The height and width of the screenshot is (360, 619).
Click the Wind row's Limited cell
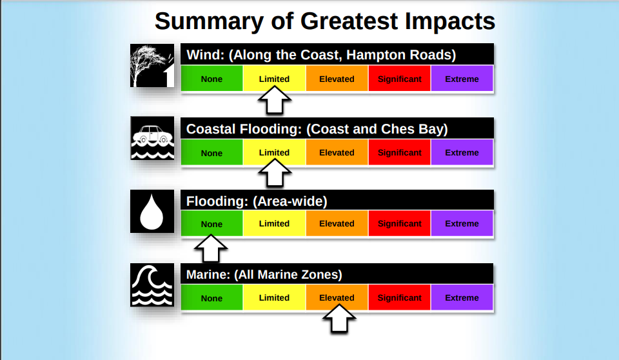coord(275,78)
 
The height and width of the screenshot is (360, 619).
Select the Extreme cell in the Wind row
coord(462,78)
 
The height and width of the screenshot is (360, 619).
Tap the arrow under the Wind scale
coord(275,101)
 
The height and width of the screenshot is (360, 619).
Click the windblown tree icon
coord(152,66)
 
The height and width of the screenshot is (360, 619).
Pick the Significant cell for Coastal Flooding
coord(400,152)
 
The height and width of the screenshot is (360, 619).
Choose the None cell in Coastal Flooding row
coord(212,152)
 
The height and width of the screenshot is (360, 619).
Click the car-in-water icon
coord(152,138)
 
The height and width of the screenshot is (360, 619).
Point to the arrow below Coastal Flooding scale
coord(275,173)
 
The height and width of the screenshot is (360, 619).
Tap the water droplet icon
coord(152,212)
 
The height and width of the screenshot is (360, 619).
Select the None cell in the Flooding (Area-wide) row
coord(212,223)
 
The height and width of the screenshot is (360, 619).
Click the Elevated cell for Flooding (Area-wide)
coord(337,223)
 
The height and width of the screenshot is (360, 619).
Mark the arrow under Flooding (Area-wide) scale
coord(211,248)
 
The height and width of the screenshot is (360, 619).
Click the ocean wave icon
coord(152,285)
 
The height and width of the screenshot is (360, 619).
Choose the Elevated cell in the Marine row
coord(337,297)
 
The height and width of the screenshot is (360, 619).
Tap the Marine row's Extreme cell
coord(462,297)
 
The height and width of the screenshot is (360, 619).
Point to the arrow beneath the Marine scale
coord(339,319)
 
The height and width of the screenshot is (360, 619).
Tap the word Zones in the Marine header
coord(322,274)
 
